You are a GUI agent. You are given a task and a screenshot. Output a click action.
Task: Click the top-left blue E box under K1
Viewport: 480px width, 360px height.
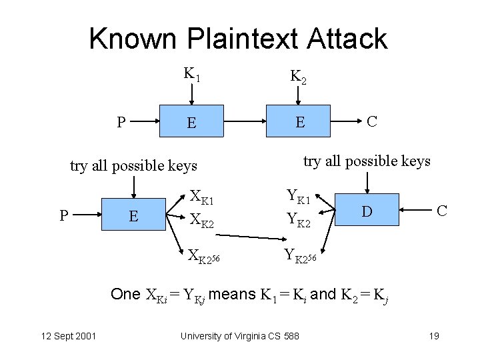(x=191, y=123)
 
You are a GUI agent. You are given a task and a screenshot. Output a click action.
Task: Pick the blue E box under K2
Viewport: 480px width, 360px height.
(x=300, y=123)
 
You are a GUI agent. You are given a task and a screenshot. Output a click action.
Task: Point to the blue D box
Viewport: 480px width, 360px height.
(x=366, y=211)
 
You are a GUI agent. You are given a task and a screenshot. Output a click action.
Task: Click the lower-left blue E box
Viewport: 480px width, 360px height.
(x=133, y=215)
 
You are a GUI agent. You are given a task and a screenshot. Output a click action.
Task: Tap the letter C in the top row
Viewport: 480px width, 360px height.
(x=372, y=121)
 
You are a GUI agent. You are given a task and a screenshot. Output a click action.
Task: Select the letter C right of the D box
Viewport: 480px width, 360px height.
(x=441, y=211)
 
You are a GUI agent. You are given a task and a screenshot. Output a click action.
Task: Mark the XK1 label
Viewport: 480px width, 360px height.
(x=201, y=197)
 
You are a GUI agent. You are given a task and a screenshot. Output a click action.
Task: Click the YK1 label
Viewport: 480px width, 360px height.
(x=297, y=197)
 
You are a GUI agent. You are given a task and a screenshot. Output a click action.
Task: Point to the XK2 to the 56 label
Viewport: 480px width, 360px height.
(x=204, y=255)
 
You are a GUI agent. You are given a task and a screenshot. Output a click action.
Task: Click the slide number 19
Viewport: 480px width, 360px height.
(x=433, y=335)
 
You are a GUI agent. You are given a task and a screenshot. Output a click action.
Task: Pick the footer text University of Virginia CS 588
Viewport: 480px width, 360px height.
(x=240, y=335)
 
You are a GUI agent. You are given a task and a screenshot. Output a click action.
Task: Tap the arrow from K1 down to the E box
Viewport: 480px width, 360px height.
(x=192, y=93)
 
